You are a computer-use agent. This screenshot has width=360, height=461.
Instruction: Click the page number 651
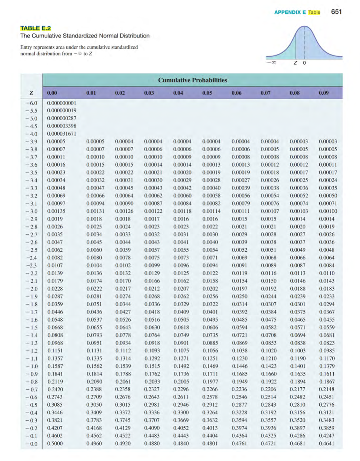click(336, 12)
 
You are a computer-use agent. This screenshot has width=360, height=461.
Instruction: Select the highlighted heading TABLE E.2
click(36, 28)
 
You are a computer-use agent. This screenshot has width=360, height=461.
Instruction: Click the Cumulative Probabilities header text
click(192, 80)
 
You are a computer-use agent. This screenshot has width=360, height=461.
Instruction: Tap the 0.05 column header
click(207, 93)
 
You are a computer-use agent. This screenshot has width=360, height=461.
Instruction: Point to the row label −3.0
click(31, 211)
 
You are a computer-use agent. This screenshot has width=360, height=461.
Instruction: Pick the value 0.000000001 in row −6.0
click(61, 103)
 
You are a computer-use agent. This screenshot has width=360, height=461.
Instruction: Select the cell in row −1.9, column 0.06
click(240, 296)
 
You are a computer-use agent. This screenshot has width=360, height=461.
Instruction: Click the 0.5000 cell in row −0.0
click(55, 443)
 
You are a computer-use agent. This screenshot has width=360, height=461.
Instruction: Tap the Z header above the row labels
click(31, 93)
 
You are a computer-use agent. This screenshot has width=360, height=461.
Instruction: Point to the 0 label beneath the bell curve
click(304, 63)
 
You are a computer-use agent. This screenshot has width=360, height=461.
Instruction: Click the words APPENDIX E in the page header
click(290, 12)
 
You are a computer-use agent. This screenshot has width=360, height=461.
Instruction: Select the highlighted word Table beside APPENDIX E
click(314, 12)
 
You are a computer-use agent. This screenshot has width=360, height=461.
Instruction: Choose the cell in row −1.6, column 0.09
click(327, 320)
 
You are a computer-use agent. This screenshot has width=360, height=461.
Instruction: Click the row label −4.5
click(31, 126)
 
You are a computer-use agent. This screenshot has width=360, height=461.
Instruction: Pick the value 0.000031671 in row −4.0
click(61, 134)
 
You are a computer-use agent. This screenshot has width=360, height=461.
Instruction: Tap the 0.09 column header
click(324, 93)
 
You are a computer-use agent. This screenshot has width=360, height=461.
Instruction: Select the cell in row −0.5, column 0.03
click(152, 405)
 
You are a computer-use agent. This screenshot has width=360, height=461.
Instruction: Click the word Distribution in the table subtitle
click(134, 36)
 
